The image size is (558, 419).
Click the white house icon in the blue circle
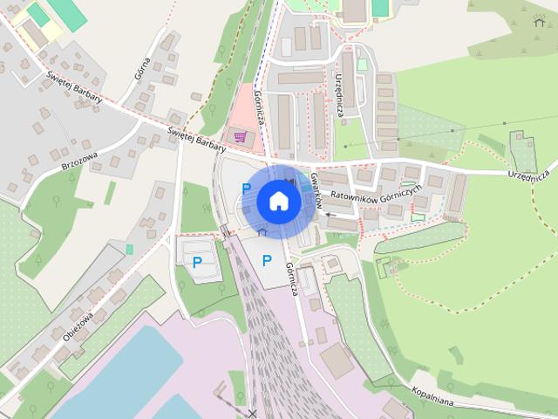(x=279, y=201)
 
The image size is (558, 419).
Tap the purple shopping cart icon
(x=239, y=137)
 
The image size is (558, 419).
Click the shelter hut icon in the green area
(x=537, y=21)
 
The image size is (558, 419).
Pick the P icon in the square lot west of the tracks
(x=197, y=261)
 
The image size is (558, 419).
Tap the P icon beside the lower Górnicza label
(x=267, y=260)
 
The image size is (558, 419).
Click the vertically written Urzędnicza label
(x=341, y=96)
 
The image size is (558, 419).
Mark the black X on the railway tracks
(x=253, y=412)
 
